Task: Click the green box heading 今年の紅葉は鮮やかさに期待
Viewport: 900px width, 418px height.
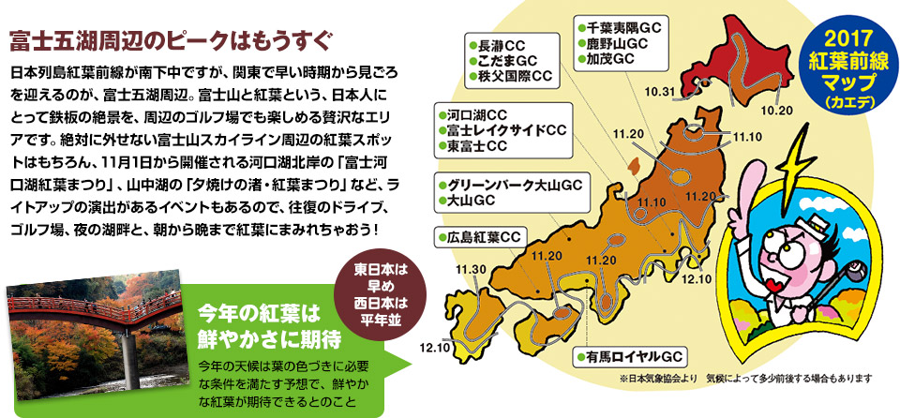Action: (259, 321)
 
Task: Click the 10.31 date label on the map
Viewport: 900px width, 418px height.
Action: (660, 91)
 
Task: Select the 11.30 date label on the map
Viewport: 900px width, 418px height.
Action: (472, 270)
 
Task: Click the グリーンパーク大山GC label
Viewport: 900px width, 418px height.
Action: (517, 184)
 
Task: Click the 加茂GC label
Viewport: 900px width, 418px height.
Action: (610, 59)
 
